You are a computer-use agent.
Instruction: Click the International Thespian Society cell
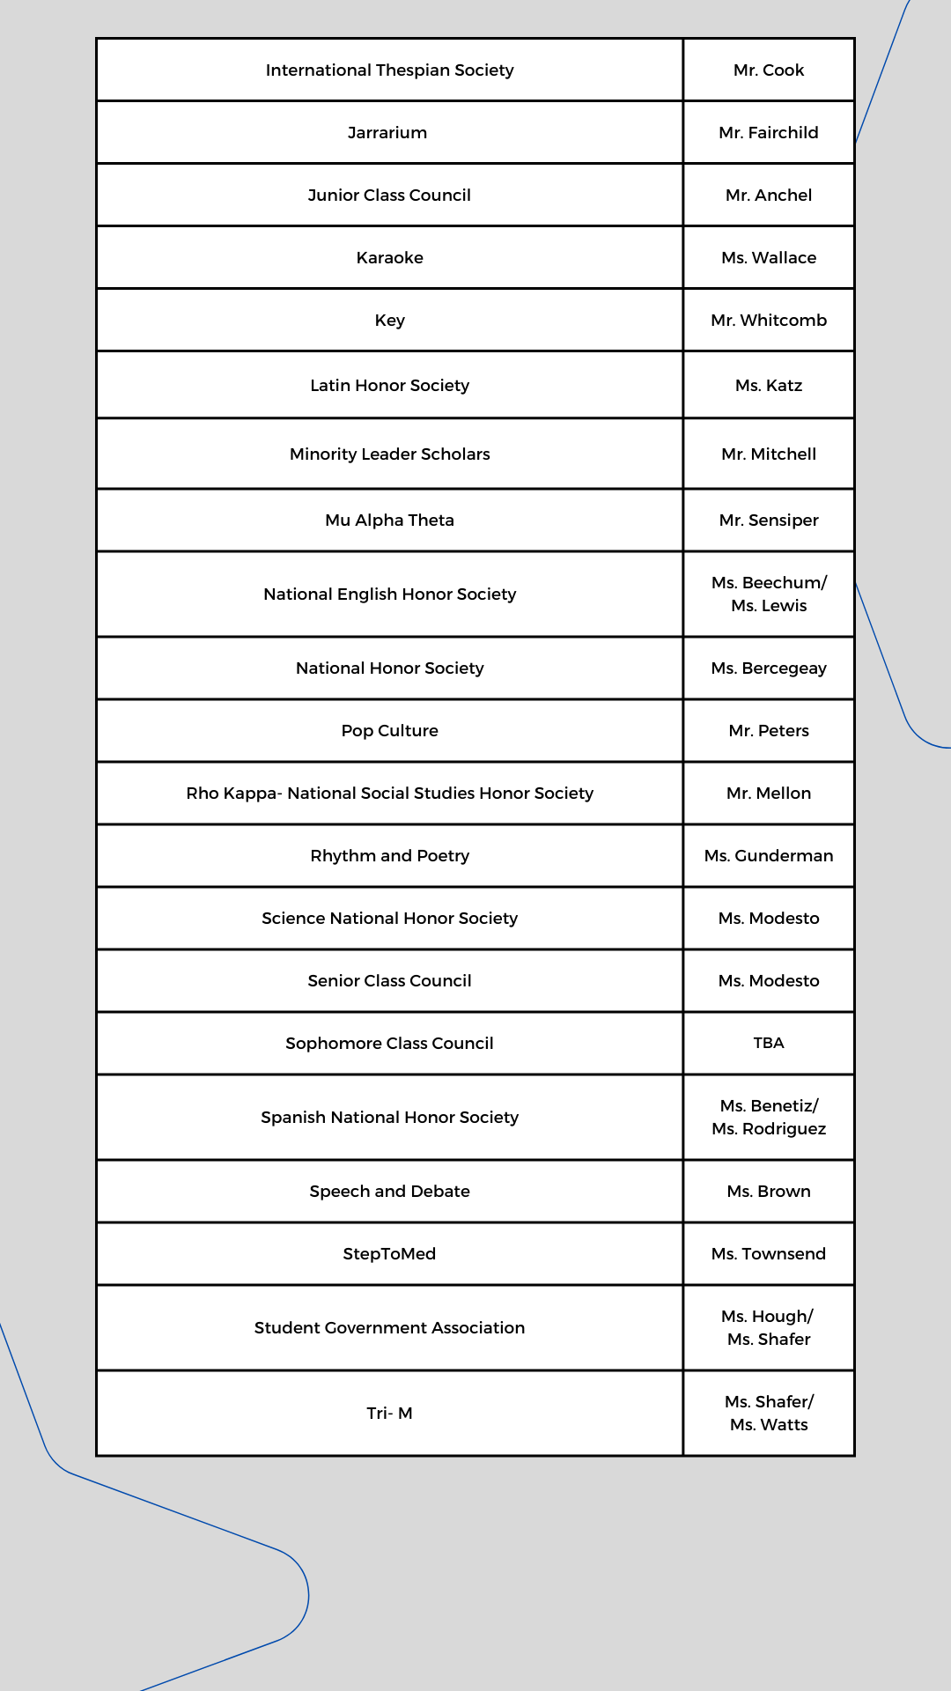[x=389, y=70]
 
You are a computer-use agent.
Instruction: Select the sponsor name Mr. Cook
[x=769, y=70]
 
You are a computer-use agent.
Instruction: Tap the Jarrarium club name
[x=387, y=133]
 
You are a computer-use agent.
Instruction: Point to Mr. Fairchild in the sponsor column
[x=769, y=133]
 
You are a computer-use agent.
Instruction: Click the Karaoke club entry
[x=389, y=258]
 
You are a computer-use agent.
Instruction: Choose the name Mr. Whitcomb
[x=769, y=321]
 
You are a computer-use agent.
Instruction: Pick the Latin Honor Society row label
[x=389, y=386]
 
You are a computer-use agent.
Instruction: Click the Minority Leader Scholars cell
[x=389, y=454]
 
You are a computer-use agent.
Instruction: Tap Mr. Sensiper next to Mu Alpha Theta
[x=769, y=521]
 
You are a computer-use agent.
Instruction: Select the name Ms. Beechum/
[x=769, y=583]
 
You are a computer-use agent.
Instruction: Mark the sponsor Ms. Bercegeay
[x=769, y=668]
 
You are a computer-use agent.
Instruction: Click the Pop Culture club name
[x=389, y=731]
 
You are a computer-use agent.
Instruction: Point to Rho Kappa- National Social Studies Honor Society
[x=389, y=794]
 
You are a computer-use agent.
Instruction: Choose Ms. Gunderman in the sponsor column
[x=769, y=856]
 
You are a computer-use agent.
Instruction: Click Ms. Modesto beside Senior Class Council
[x=769, y=981]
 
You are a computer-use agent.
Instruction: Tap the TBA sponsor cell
[x=769, y=1043]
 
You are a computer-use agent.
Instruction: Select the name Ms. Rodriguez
[x=769, y=1129]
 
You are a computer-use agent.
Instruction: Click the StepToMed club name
[x=389, y=1254]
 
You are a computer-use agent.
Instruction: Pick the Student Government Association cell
[x=389, y=1328]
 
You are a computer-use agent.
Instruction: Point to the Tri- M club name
[x=389, y=1414]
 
